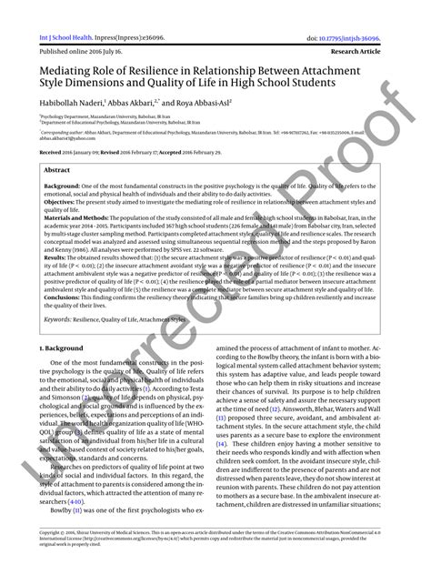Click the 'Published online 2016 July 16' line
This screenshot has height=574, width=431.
coord(73,27)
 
